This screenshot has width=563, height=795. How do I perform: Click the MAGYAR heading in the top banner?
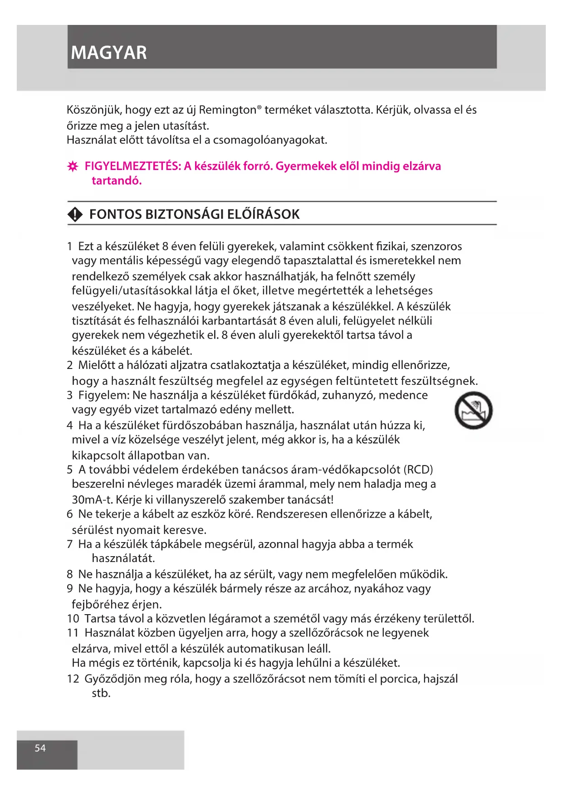pos(109,53)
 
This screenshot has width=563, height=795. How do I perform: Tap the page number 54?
pos(40,748)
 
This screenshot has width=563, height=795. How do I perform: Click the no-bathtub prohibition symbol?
pos(473,411)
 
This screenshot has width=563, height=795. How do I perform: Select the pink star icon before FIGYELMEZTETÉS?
pos(73,167)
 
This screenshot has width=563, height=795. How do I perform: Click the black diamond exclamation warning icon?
pos(75,214)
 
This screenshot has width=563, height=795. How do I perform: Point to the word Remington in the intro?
pos(227,110)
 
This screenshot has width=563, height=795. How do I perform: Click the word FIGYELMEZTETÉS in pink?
pos(132,166)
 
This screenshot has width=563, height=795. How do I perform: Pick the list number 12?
pos(73,679)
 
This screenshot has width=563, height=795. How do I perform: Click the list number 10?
pos(73,619)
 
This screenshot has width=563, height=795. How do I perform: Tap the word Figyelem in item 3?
pos(103,395)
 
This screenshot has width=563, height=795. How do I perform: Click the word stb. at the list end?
pos(101,693)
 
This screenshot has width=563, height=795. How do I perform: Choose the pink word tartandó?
pos(117,181)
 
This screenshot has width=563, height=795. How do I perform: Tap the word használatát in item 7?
pos(123,558)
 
